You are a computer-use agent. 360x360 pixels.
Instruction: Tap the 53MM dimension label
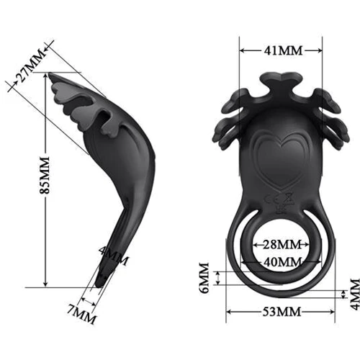281,311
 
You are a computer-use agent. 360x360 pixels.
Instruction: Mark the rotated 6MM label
204,278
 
